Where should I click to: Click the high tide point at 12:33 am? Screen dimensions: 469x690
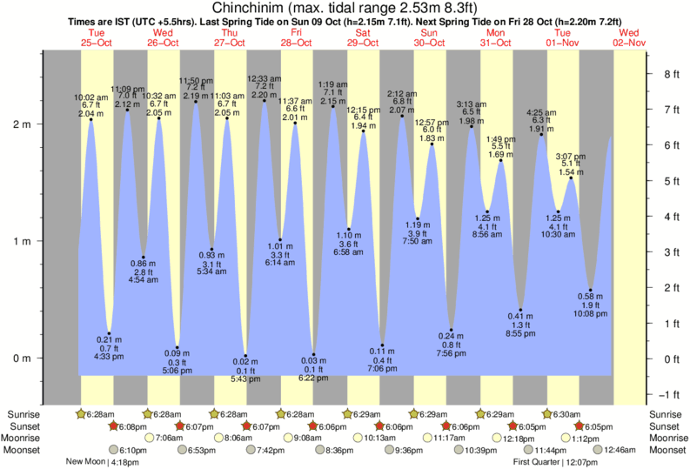264,100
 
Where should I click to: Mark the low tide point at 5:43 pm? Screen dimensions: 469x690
245,356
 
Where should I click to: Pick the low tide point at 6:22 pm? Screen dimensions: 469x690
314,355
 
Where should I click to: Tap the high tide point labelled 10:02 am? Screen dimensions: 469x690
90,119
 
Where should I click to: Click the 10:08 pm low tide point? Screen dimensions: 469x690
590,290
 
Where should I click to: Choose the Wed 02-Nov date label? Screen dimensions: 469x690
630,37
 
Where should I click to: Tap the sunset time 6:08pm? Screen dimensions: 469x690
129,426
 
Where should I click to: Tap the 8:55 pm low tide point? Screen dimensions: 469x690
520,310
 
